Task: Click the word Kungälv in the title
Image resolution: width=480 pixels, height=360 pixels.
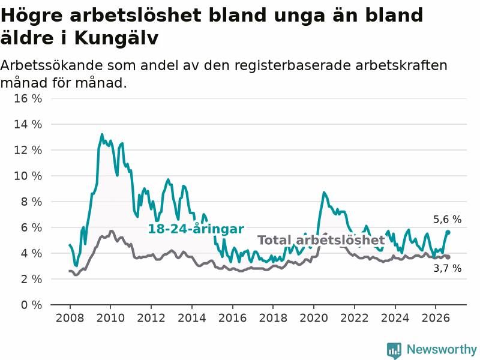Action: pos(116,38)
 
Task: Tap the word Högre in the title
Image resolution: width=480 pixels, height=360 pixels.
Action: pos(32,16)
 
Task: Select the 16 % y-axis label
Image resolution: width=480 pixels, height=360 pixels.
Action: pos(28,98)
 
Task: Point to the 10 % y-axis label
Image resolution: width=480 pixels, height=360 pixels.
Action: pos(28,176)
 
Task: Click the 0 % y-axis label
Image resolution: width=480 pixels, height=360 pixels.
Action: pos(31,305)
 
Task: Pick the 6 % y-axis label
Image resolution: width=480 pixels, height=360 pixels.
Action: pos(31,227)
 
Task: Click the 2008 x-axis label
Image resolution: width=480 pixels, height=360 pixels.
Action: pos(70,318)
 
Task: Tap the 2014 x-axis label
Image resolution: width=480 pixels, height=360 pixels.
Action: pos(191,318)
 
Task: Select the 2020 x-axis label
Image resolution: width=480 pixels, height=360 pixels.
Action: pos(313,318)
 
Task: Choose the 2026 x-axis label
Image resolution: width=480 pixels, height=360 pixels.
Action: pos(436,318)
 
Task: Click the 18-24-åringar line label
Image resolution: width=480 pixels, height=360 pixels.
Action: pos(196,229)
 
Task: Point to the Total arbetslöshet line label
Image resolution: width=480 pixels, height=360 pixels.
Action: pos(321,241)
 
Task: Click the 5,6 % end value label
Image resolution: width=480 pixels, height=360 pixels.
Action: pos(447,219)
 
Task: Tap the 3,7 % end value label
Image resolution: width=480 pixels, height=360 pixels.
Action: pos(447,268)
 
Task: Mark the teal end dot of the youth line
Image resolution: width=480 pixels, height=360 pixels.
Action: pos(448,232)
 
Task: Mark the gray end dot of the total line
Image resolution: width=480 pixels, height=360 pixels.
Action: pos(448,257)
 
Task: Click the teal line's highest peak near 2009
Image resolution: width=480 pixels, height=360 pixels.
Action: pos(102,134)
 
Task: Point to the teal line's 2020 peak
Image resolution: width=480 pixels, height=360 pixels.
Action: pos(324,193)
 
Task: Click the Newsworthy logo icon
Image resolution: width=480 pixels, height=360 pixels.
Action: pos(394,350)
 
